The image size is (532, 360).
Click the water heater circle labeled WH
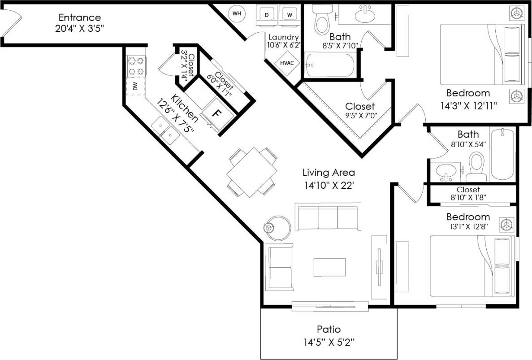pyautogui.click(x=237, y=13)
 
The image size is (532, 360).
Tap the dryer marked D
pyautogui.click(x=267, y=14)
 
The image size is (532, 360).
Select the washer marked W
pyautogui.click(x=290, y=14)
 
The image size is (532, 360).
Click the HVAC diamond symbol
pyautogui.click(x=287, y=63)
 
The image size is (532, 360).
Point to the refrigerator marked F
pyautogui.click(x=216, y=113)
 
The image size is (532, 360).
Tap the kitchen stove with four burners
pyautogui.click(x=136, y=66)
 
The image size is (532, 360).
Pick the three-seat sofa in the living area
pyautogui.click(x=328, y=217)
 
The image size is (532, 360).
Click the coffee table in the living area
pyautogui.click(x=329, y=267)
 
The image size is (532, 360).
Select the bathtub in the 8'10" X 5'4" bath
pyautogui.click(x=504, y=154)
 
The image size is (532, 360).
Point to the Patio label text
pyautogui.click(x=329, y=330)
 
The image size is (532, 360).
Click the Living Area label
pyautogui.click(x=329, y=172)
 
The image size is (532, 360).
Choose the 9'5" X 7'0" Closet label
pyautogui.click(x=360, y=107)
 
